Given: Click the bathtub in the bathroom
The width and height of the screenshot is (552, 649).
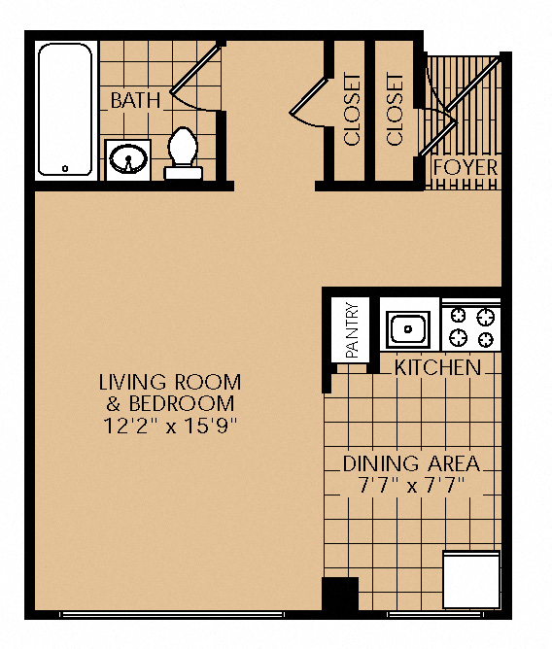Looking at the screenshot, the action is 65,110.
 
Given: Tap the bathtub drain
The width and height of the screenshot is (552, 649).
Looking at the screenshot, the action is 65,168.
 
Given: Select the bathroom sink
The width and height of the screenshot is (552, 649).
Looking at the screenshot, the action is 128,159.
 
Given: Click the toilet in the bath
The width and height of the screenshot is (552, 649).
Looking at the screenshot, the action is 183,154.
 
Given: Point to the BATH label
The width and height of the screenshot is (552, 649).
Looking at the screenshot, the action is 135,101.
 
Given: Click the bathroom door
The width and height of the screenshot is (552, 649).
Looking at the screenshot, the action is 195,69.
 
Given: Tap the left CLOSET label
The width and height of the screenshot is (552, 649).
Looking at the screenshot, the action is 353,110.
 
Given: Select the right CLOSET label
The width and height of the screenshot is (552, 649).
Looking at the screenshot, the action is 395,110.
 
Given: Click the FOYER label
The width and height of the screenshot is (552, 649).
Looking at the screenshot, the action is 466,168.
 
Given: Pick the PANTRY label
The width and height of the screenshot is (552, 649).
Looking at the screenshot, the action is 352,330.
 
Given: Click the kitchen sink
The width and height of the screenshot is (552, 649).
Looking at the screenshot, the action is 408,329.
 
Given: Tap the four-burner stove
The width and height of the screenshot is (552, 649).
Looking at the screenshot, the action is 471,327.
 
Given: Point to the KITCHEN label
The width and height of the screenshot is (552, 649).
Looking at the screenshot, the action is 438,367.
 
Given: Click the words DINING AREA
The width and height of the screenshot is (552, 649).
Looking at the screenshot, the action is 412,464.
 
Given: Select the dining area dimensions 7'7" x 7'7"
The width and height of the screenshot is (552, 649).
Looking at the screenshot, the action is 411,485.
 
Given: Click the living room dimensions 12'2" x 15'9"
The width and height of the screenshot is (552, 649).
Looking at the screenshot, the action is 170,426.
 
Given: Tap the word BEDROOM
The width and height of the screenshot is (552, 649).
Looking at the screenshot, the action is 182,403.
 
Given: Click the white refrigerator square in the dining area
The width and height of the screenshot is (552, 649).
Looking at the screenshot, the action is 471,579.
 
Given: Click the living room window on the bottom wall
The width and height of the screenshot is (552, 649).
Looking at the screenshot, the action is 172,614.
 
